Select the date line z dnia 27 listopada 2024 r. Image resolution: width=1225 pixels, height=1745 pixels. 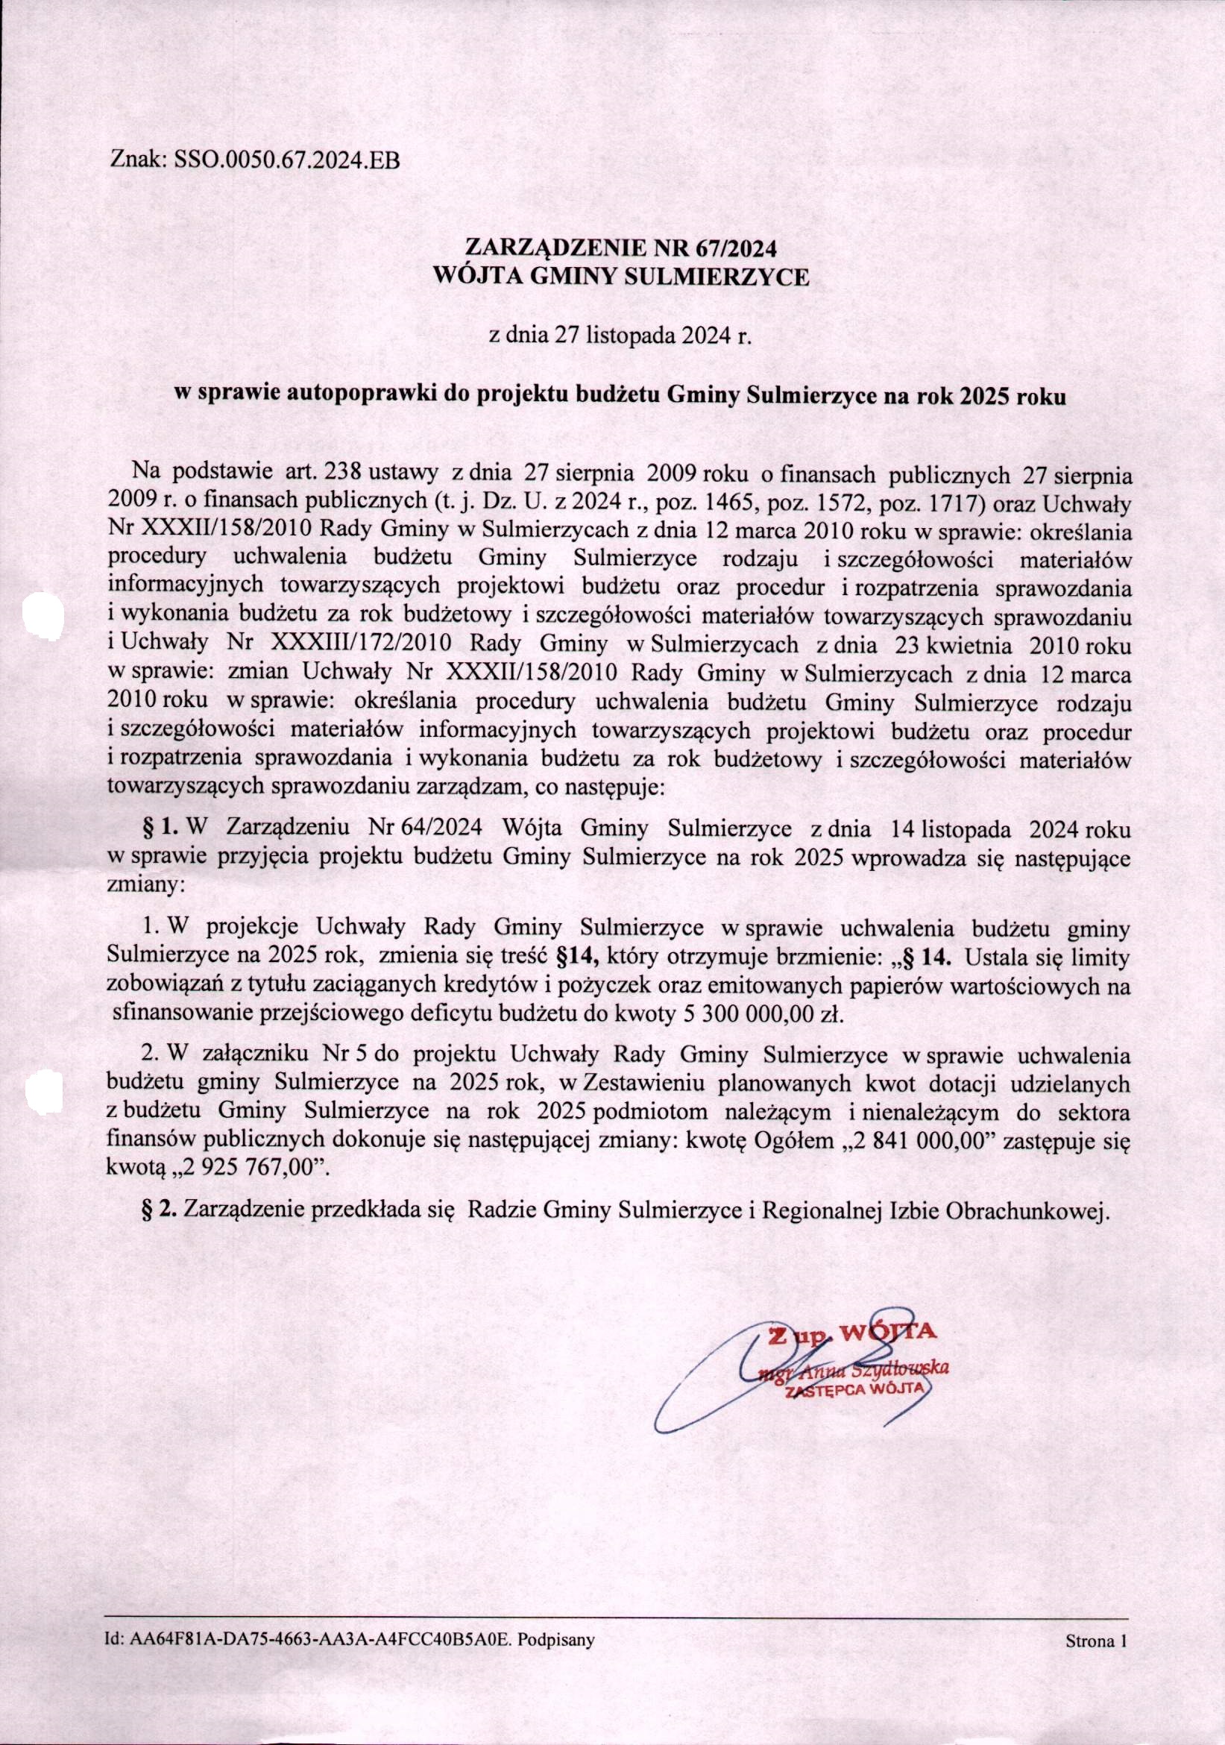622,336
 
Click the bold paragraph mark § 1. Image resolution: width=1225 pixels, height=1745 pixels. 160,828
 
